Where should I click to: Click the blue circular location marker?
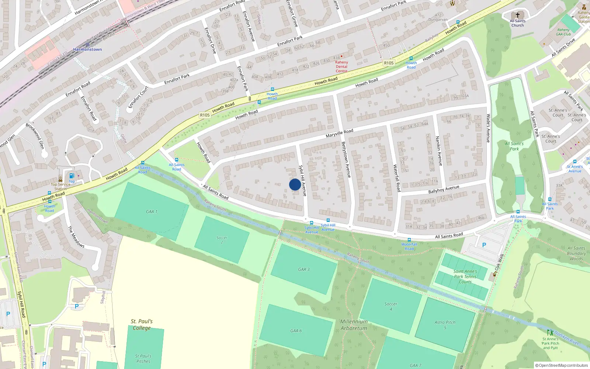(295, 184)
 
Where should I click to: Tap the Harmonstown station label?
(87, 49)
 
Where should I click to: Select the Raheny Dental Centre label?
(341, 66)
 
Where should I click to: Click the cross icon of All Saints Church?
(517, 15)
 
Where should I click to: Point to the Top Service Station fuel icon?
(72, 176)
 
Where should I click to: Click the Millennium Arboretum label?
(354, 325)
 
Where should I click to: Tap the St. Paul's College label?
(142, 325)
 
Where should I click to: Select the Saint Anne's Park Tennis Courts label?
(465, 276)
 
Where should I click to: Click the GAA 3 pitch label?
(304, 269)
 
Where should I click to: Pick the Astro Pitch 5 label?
(445, 325)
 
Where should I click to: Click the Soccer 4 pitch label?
(391, 306)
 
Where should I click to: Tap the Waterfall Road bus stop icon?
(409, 240)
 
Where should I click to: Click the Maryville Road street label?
(339, 133)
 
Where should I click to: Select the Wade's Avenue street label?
(488, 128)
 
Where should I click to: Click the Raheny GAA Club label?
(563, 32)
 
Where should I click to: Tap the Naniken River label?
(567, 338)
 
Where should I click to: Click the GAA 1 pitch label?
(152, 212)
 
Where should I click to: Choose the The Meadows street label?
(76, 237)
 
